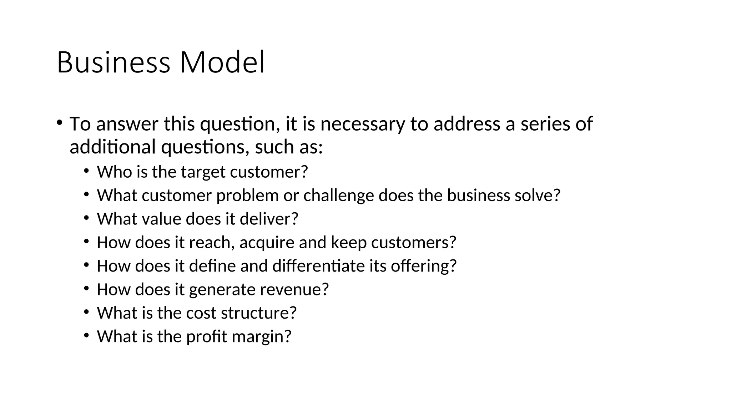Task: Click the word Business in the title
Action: tap(113, 62)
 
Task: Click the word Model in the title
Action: tap(222, 62)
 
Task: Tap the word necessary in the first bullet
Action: tap(362, 124)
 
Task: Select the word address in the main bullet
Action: tap(466, 124)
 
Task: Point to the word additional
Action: tap(112, 147)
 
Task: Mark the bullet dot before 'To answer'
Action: tap(59, 122)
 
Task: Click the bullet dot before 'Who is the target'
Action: tap(86, 171)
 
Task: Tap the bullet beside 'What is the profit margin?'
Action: tap(86, 335)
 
